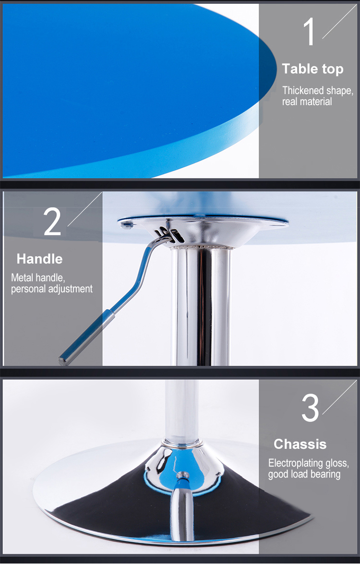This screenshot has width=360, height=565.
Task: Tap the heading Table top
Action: click(x=312, y=69)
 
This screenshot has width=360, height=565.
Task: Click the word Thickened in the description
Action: click(x=303, y=90)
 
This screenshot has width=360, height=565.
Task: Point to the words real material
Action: click(x=307, y=102)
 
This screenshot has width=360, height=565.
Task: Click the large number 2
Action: click(x=53, y=222)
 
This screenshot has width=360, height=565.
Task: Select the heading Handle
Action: click(x=40, y=259)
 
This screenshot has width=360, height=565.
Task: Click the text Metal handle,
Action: click(x=38, y=277)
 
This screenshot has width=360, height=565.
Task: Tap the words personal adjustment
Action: click(x=51, y=289)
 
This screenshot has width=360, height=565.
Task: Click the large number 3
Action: click(x=310, y=408)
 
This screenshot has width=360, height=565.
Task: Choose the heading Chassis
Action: click(x=300, y=444)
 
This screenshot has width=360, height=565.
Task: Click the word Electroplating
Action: click(x=295, y=463)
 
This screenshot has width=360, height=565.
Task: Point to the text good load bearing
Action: click(x=304, y=474)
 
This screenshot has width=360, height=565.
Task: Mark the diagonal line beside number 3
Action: click(x=339, y=398)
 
